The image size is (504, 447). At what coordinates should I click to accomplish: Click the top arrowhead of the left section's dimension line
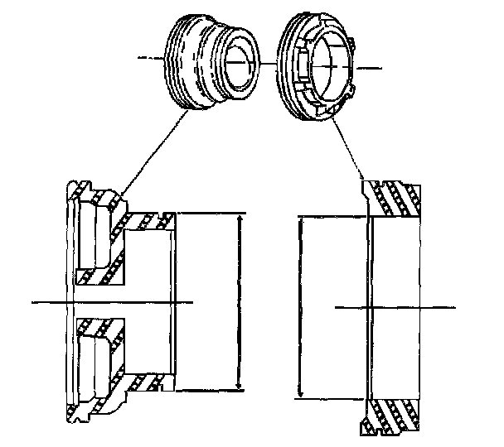pos(240,218)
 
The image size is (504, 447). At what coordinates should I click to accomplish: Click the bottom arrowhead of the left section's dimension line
pos(240,387)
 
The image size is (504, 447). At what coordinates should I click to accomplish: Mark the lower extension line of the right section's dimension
pos(332,397)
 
